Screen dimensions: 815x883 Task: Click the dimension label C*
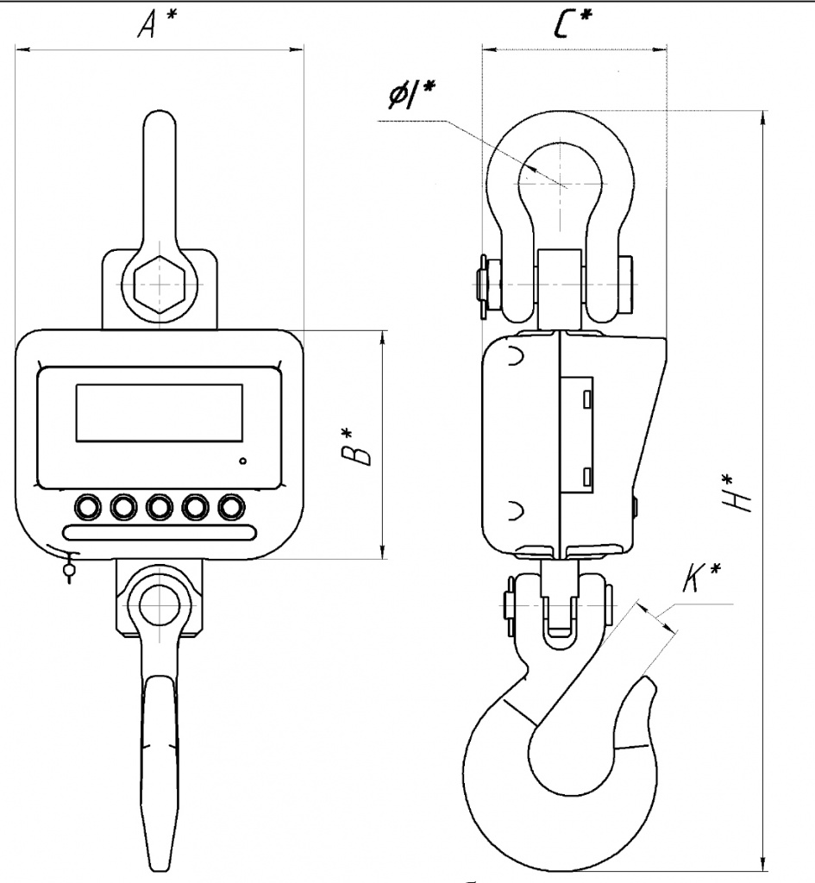click(573, 22)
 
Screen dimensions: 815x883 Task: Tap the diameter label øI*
click(413, 94)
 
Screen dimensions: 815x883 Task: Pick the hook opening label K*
click(701, 576)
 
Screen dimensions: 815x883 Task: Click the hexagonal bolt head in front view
click(160, 284)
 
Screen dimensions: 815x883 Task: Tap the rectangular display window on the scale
click(160, 413)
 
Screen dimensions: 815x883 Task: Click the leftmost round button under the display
click(88, 507)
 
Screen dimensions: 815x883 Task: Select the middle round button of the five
click(160, 507)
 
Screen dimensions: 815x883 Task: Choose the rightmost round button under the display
click(231, 507)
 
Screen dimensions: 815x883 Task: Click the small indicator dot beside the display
click(242, 461)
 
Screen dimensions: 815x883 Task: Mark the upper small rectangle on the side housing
click(588, 398)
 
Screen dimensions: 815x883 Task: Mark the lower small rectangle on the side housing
click(588, 476)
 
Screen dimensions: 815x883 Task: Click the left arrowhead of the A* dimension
click(22, 50)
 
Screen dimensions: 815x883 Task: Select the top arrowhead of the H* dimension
click(763, 117)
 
